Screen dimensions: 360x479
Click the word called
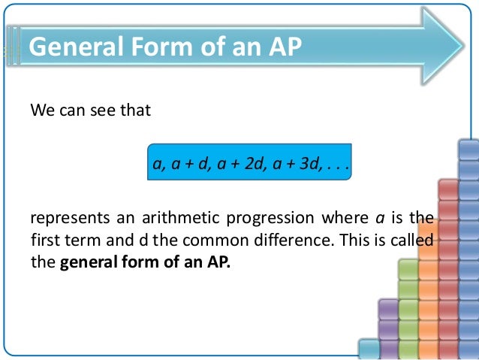tap(411, 241)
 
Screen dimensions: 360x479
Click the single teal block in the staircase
tap(369, 347)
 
